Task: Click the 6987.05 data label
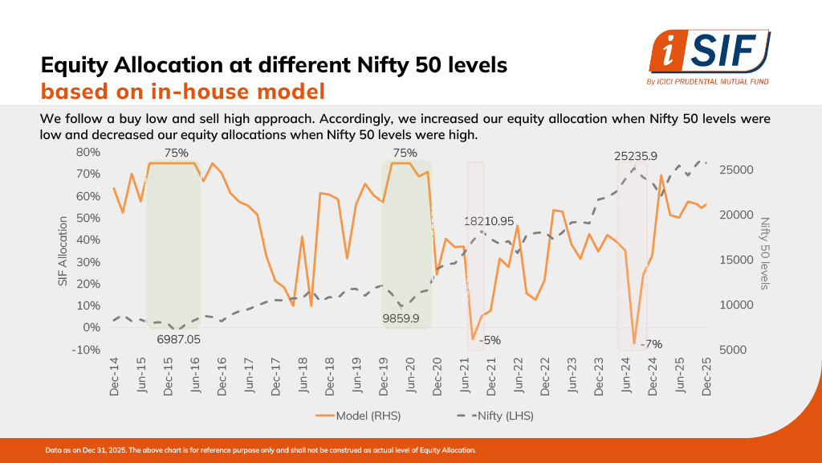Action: (x=179, y=339)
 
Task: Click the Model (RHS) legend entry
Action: (x=358, y=416)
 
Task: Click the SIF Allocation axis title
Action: (x=63, y=251)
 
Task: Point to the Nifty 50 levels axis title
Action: (x=764, y=253)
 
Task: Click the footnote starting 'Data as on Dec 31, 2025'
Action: (x=261, y=450)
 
